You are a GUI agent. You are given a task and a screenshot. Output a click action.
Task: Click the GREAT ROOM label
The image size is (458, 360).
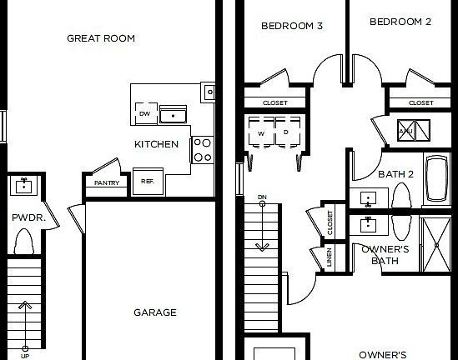(x=101, y=38)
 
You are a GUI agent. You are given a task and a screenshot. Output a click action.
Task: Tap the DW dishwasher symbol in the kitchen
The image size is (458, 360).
(x=144, y=113)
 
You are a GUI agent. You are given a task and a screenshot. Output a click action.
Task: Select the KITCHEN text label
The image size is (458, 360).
(x=157, y=144)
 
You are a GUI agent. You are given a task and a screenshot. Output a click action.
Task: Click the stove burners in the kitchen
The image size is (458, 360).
(x=202, y=150)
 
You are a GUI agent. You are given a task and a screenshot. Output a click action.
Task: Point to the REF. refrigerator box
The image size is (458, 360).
(x=147, y=181)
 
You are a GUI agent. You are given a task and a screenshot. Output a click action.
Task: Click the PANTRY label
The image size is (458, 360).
(x=106, y=182)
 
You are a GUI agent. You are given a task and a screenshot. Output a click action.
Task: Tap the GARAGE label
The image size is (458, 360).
(x=155, y=312)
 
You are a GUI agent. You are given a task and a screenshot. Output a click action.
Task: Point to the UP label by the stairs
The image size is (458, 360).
(x=24, y=354)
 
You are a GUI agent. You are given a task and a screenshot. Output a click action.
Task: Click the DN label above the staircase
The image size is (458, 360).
(x=262, y=197)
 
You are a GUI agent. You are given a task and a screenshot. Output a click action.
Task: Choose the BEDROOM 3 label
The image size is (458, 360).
(x=292, y=25)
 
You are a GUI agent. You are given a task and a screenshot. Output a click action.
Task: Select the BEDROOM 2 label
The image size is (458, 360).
(x=400, y=22)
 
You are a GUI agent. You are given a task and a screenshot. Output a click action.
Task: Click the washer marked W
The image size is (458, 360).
(x=261, y=132)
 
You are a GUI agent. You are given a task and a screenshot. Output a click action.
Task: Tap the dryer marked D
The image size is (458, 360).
(x=285, y=132)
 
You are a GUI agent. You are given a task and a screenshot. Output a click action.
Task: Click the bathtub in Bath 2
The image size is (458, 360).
(x=437, y=179)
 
